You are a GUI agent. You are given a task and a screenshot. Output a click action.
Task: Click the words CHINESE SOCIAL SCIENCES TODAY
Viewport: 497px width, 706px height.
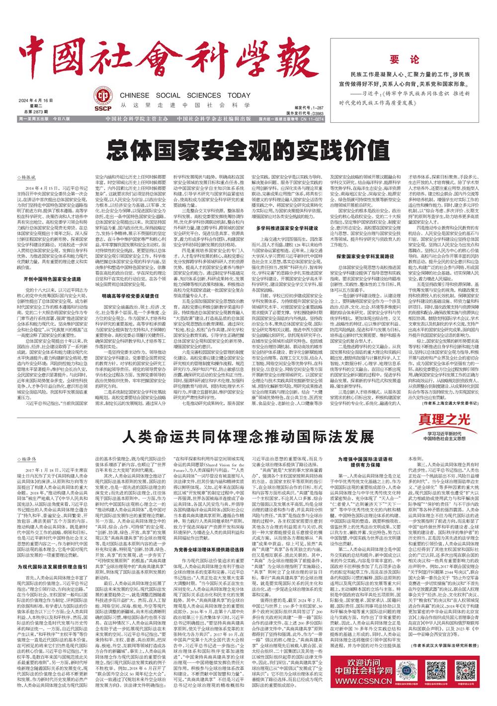coord(178,95)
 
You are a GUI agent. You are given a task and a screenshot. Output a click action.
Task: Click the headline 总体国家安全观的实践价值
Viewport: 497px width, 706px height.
coord(248,148)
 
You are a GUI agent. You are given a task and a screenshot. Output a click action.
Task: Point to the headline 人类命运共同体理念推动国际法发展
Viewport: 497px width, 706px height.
coord(248,437)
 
